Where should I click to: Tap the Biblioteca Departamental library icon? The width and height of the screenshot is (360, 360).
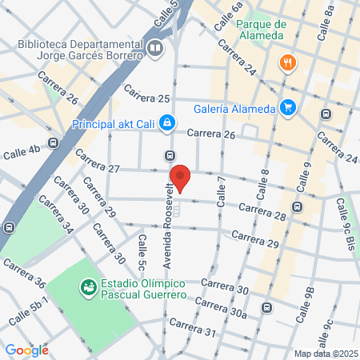155,50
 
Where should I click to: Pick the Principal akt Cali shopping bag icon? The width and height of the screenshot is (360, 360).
166,123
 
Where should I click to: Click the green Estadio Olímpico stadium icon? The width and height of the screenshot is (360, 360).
88,286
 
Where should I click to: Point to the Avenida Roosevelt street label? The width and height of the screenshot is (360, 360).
168,229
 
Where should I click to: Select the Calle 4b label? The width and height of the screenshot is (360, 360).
23,151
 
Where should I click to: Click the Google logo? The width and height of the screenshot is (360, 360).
26,350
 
